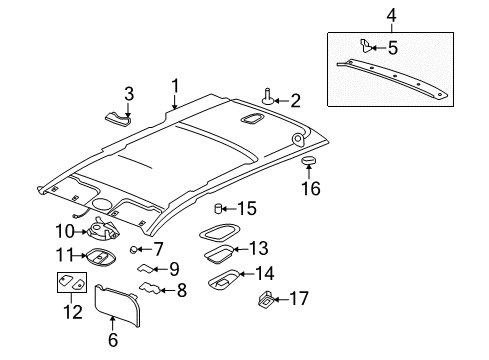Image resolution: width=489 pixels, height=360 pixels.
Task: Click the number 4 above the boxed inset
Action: point(392,16)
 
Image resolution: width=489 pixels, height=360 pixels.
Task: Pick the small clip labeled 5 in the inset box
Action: point(367,45)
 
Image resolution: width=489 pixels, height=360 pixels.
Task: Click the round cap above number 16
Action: point(309,162)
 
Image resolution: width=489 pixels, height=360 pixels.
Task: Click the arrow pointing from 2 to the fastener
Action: point(281,98)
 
